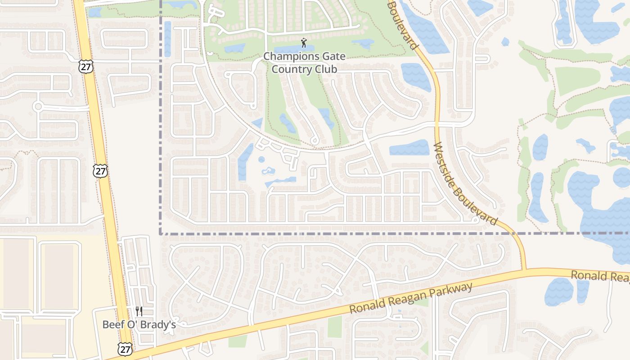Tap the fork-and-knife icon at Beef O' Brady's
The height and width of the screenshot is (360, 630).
tap(139, 311)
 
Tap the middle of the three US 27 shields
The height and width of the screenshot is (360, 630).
tap(100, 171)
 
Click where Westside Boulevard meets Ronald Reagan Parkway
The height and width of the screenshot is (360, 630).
tap(525, 270)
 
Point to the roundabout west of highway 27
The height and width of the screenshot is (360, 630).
tap(38, 107)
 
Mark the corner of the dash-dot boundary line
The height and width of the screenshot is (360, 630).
tap(161, 234)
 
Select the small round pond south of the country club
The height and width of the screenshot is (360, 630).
tap(261, 159)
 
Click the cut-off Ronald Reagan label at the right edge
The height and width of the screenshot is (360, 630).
tap(600, 276)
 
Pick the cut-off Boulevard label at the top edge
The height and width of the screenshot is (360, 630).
tap(404, 25)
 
